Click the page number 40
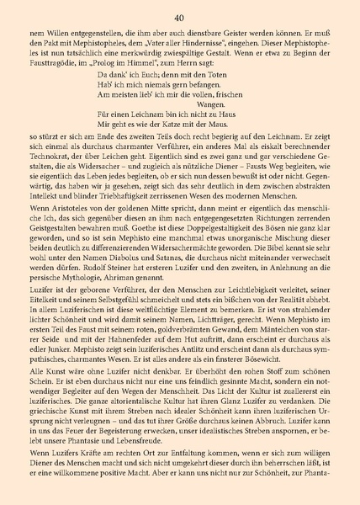[x=179, y=17]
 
